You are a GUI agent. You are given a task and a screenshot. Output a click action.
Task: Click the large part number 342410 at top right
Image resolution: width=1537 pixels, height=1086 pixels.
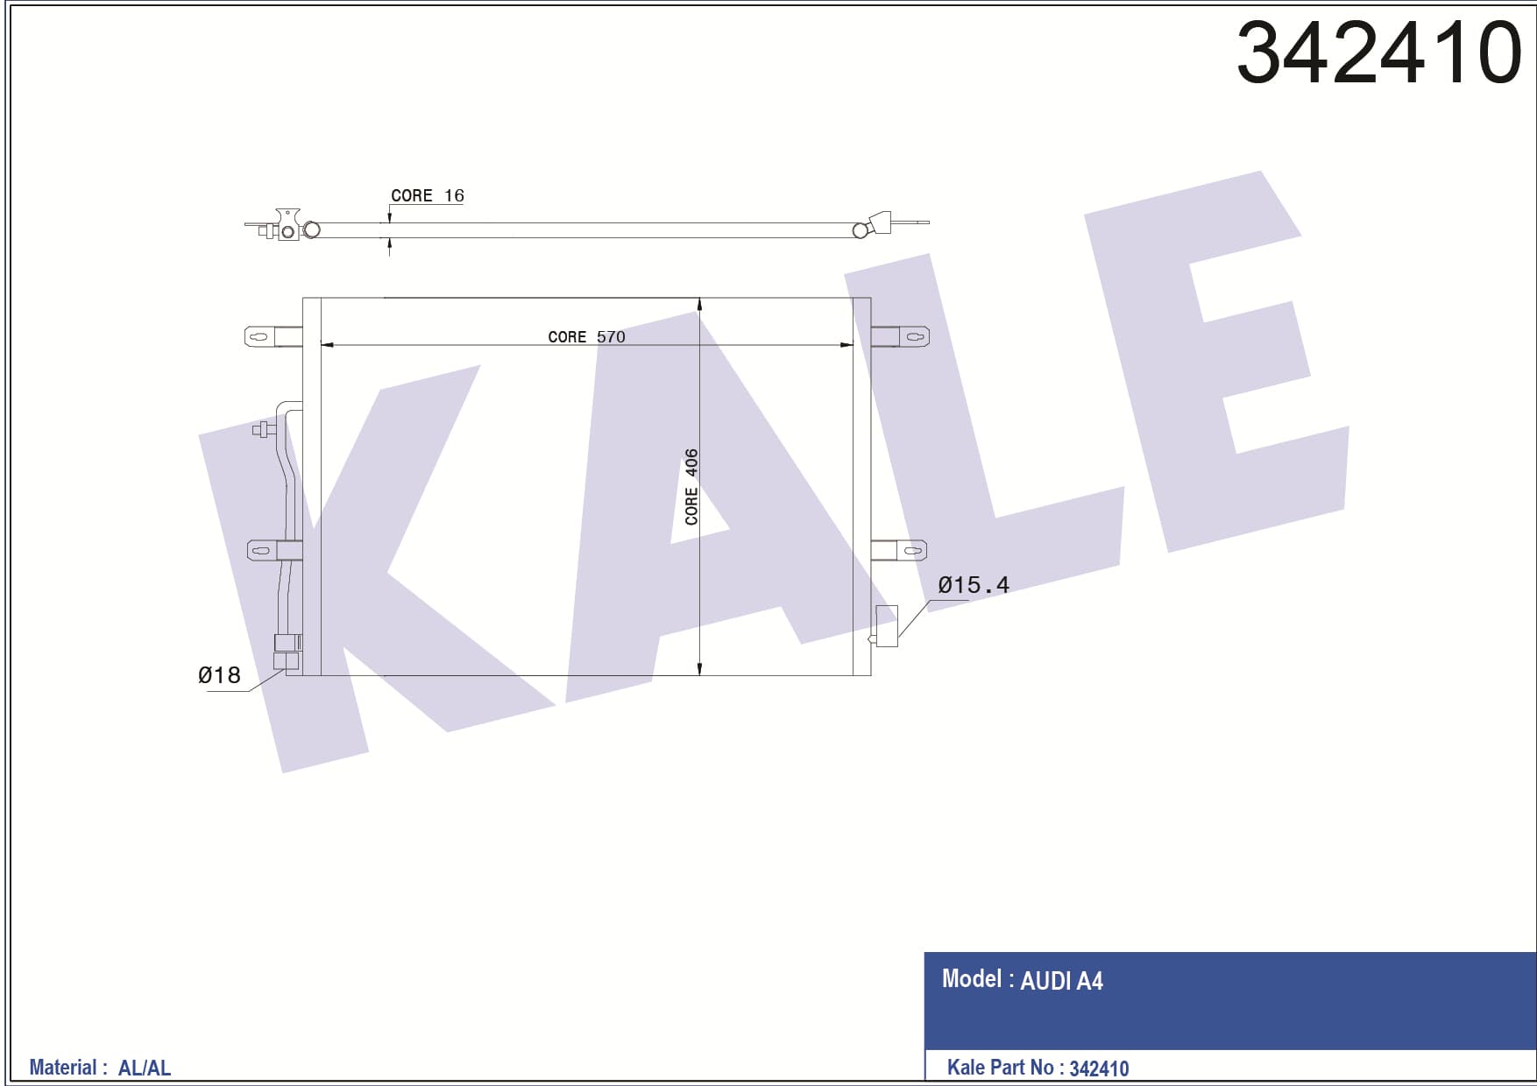[x=1379, y=53]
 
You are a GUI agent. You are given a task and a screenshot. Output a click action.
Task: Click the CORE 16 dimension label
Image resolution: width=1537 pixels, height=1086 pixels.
[x=427, y=195]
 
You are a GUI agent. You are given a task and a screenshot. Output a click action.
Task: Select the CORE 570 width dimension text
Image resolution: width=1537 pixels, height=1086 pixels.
[x=586, y=336]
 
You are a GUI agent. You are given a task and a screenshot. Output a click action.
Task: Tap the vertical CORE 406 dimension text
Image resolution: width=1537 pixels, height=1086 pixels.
[x=691, y=487]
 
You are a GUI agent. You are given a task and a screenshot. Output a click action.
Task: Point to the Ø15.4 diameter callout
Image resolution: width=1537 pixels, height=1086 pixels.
[x=974, y=584]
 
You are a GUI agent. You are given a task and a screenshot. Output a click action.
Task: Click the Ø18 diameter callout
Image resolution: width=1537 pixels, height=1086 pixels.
[x=219, y=674]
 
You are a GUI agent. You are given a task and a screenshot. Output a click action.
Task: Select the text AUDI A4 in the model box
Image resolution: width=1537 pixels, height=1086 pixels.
[x=1061, y=981]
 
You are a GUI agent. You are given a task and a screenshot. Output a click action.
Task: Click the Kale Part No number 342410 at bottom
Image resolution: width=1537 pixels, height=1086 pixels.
[x=1099, y=1068]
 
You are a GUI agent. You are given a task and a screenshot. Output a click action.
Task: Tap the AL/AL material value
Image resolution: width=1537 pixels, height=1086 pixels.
[x=145, y=1068]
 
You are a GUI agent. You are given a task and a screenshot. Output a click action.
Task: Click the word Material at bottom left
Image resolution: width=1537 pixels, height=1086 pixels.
[x=63, y=1068]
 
